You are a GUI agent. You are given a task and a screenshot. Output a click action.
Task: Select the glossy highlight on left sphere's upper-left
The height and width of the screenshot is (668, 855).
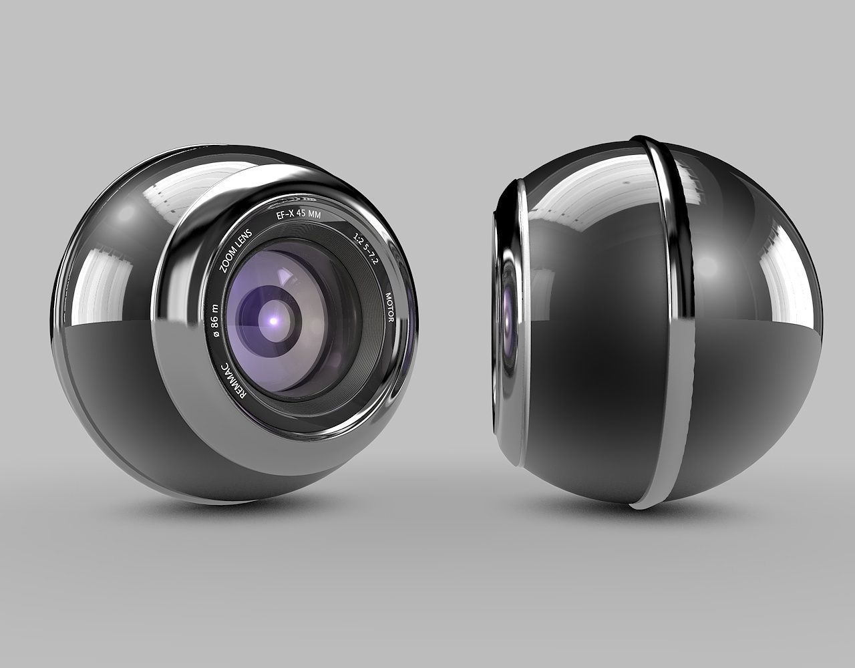(x=124, y=214)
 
